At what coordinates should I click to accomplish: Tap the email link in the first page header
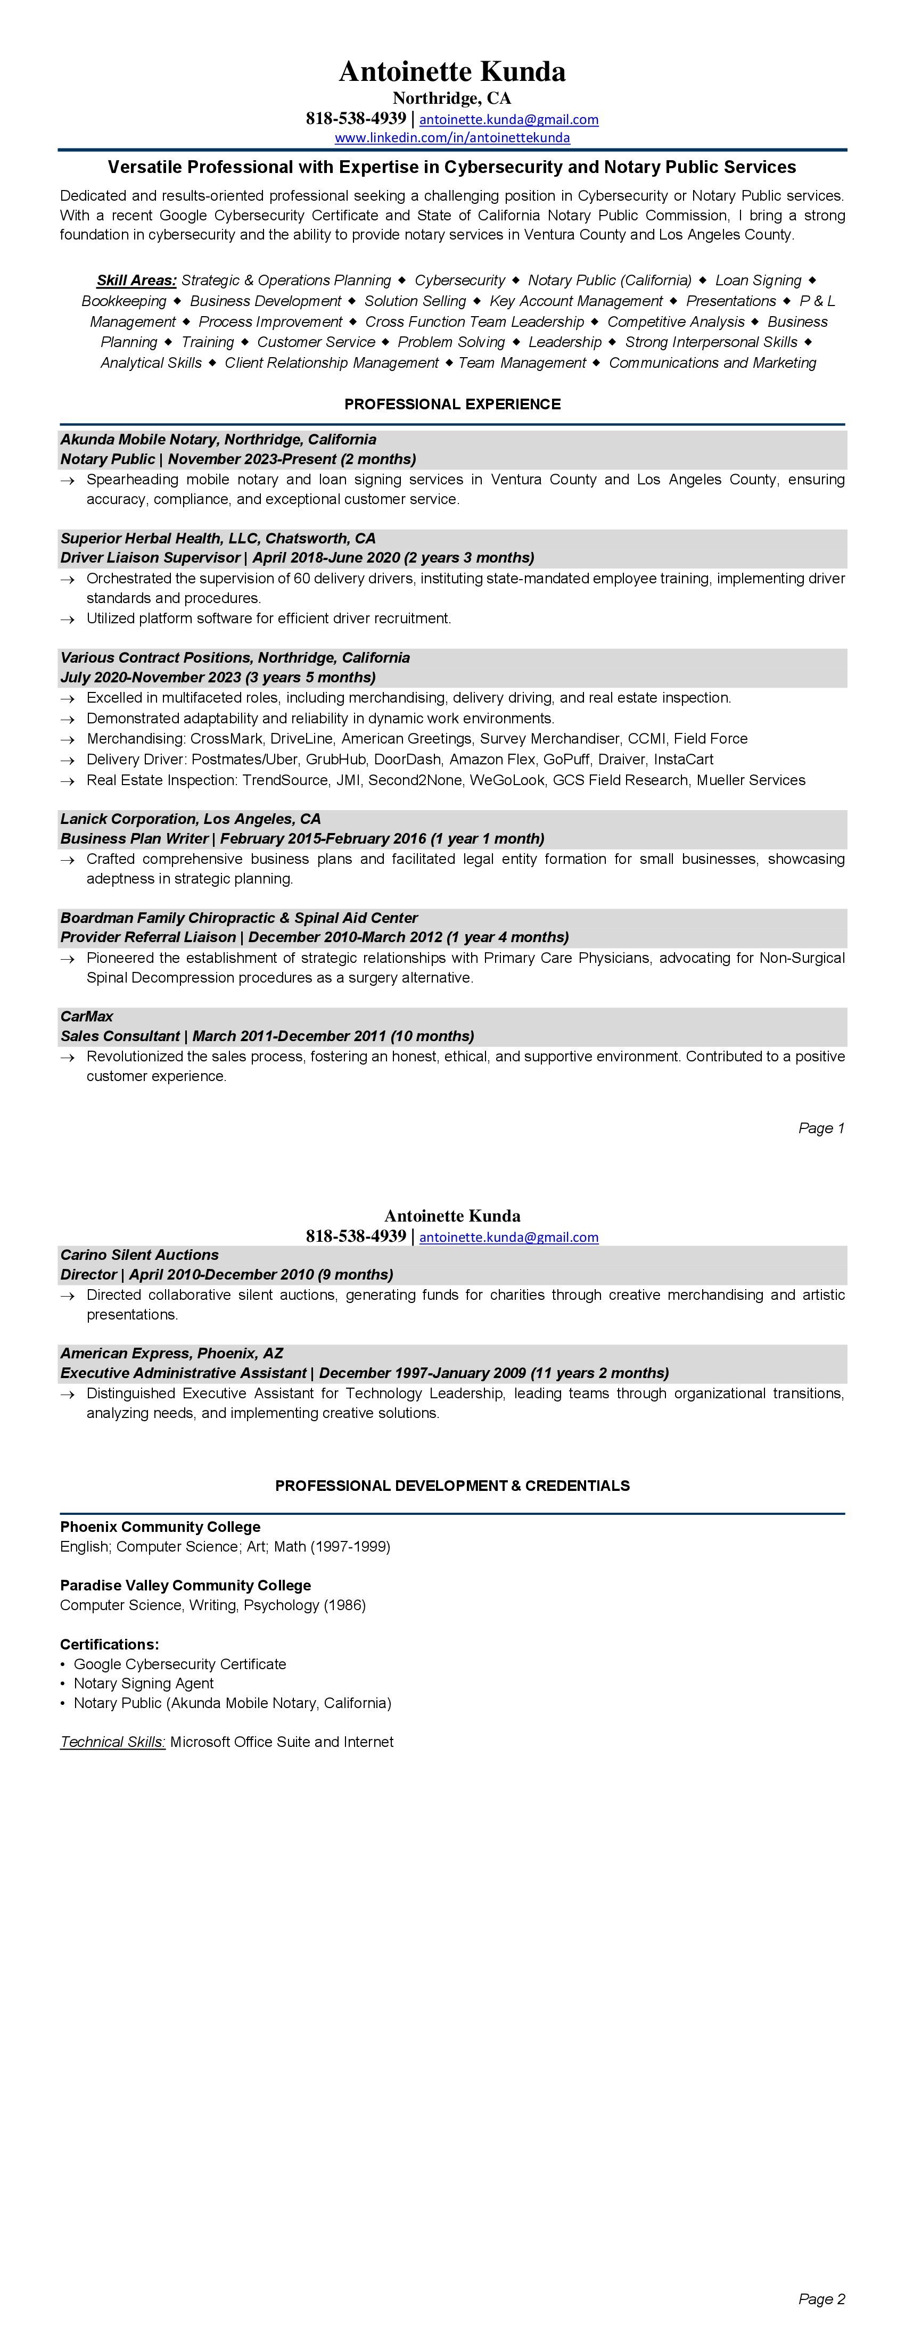click(x=508, y=119)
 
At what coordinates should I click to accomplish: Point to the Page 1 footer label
click(x=821, y=1128)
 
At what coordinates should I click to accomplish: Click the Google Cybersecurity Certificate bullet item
click(x=180, y=1664)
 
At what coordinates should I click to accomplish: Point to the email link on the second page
click(x=508, y=1238)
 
